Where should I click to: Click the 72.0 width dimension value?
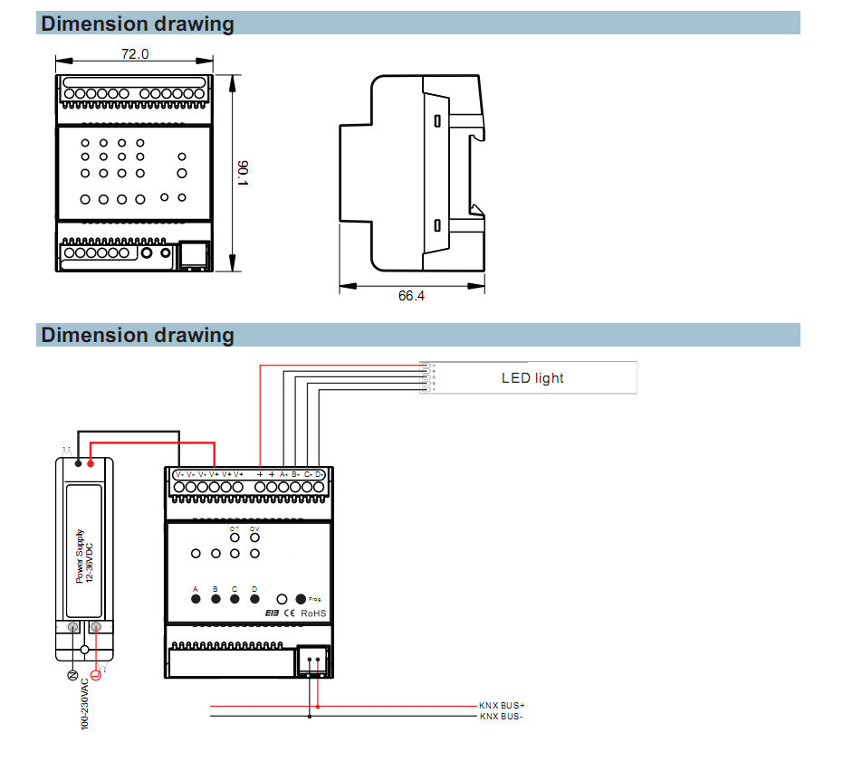pyautogui.click(x=135, y=54)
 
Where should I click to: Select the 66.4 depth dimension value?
pyautogui.click(x=411, y=296)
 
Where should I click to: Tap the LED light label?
pyautogui.click(x=532, y=378)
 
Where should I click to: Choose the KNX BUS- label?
pyautogui.click(x=502, y=717)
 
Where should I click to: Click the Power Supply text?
pyautogui.click(x=80, y=556)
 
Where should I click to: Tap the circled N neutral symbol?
pyautogui.click(x=72, y=674)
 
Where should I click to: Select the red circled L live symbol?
pyautogui.click(x=96, y=674)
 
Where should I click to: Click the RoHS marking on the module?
pyautogui.click(x=313, y=614)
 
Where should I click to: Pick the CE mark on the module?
pyautogui.click(x=290, y=614)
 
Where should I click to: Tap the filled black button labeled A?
pyautogui.click(x=196, y=599)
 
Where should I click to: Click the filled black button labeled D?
pyautogui.click(x=254, y=599)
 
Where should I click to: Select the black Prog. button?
pyautogui.click(x=301, y=599)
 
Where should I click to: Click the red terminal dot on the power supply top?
pyautogui.click(x=91, y=463)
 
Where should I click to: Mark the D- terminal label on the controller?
pyautogui.click(x=320, y=474)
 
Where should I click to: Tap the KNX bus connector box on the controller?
pyautogui.click(x=313, y=661)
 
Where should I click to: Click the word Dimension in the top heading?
pyautogui.click(x=94, y=24)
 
